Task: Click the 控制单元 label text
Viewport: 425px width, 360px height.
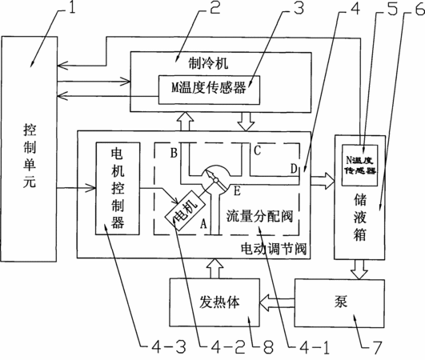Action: tap(30, 156)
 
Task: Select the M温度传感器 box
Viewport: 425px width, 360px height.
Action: tap(209, 90)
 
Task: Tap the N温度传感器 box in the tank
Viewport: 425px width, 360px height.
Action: tap(359, 166)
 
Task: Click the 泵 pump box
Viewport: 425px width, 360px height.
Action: tap(339, 303)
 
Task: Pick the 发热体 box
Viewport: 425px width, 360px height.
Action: tap(215, 302)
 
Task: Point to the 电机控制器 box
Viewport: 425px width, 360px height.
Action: tap(118, 189)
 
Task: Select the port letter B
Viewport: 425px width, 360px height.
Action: tap(174, 153)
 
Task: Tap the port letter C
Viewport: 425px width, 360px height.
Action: tap(257, 150)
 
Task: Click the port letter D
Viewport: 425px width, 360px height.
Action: tap(294, 168)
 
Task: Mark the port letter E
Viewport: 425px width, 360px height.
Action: tap(237, 191)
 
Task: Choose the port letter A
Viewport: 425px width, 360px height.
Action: tap(203, 224)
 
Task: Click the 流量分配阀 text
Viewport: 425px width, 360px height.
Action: tap(259, 216)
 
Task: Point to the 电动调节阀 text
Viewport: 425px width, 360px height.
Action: tap(274, 248)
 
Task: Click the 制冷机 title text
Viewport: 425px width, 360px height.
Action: tap(208, 63)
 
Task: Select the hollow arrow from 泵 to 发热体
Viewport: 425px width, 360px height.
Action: tap(277, 302)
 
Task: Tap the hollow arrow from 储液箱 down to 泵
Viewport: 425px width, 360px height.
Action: tap(359, 270)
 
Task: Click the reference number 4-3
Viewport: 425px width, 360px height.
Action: tap(168, 347)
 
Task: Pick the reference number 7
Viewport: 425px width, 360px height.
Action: tap(377, 347)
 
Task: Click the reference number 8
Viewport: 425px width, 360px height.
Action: tap(268, 347)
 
